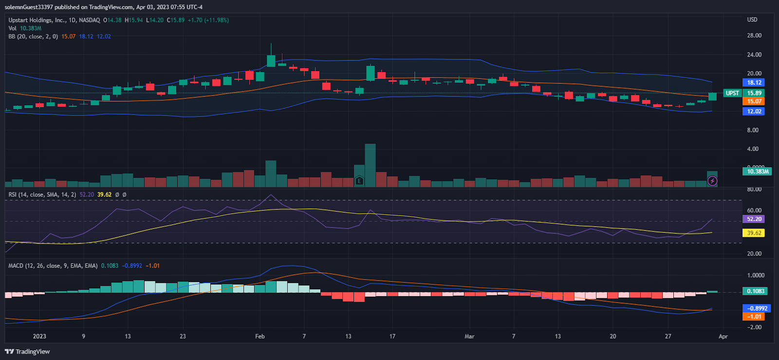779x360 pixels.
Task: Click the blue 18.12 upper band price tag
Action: tap(753, 82)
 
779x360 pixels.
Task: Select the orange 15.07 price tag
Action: tap(753, 101)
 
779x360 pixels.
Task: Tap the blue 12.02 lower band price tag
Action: tap(753, 111)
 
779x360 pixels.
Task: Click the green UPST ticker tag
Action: tap(732, 93)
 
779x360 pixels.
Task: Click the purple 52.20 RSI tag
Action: tap(753, 219)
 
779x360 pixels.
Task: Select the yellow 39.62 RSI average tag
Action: tap(753, 233)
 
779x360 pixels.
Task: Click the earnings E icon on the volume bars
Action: tap(359, 181)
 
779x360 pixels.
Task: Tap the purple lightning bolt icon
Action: tap(712, 181)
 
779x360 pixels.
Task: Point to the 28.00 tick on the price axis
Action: tap(754, 36)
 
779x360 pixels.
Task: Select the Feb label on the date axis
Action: tap(260, 336)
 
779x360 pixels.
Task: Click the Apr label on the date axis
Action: tap(723, 336)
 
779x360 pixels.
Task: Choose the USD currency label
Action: tap(752, 19)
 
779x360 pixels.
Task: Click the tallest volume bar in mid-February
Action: tap(370, 165)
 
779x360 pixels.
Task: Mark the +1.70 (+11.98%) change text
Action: tap(208, 20)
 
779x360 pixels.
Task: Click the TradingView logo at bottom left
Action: tap(27, 352)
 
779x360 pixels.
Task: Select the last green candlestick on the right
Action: tap(712, 96)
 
